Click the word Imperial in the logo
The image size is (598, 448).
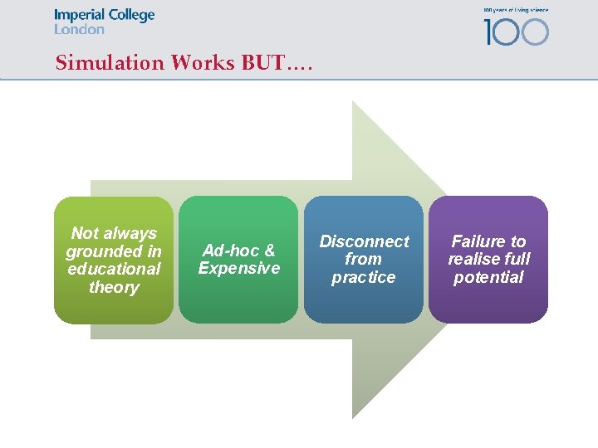tap(79, 16)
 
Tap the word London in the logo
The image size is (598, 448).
tap(79, 29)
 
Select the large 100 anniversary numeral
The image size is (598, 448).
tap(516, 32)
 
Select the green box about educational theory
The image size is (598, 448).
tap(114, 260)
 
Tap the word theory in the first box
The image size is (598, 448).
tap(114, 287)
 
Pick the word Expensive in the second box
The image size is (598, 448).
tap(239, 268)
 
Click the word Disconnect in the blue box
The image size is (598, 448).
tap(364, 241)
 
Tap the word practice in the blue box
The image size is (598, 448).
tap(364, 277)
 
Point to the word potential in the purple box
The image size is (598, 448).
tap(488, 277)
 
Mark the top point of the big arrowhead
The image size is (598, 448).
tap(353, 102)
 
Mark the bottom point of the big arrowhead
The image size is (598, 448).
tap(353, 416)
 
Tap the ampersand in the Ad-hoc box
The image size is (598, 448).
tap(269, 251)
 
